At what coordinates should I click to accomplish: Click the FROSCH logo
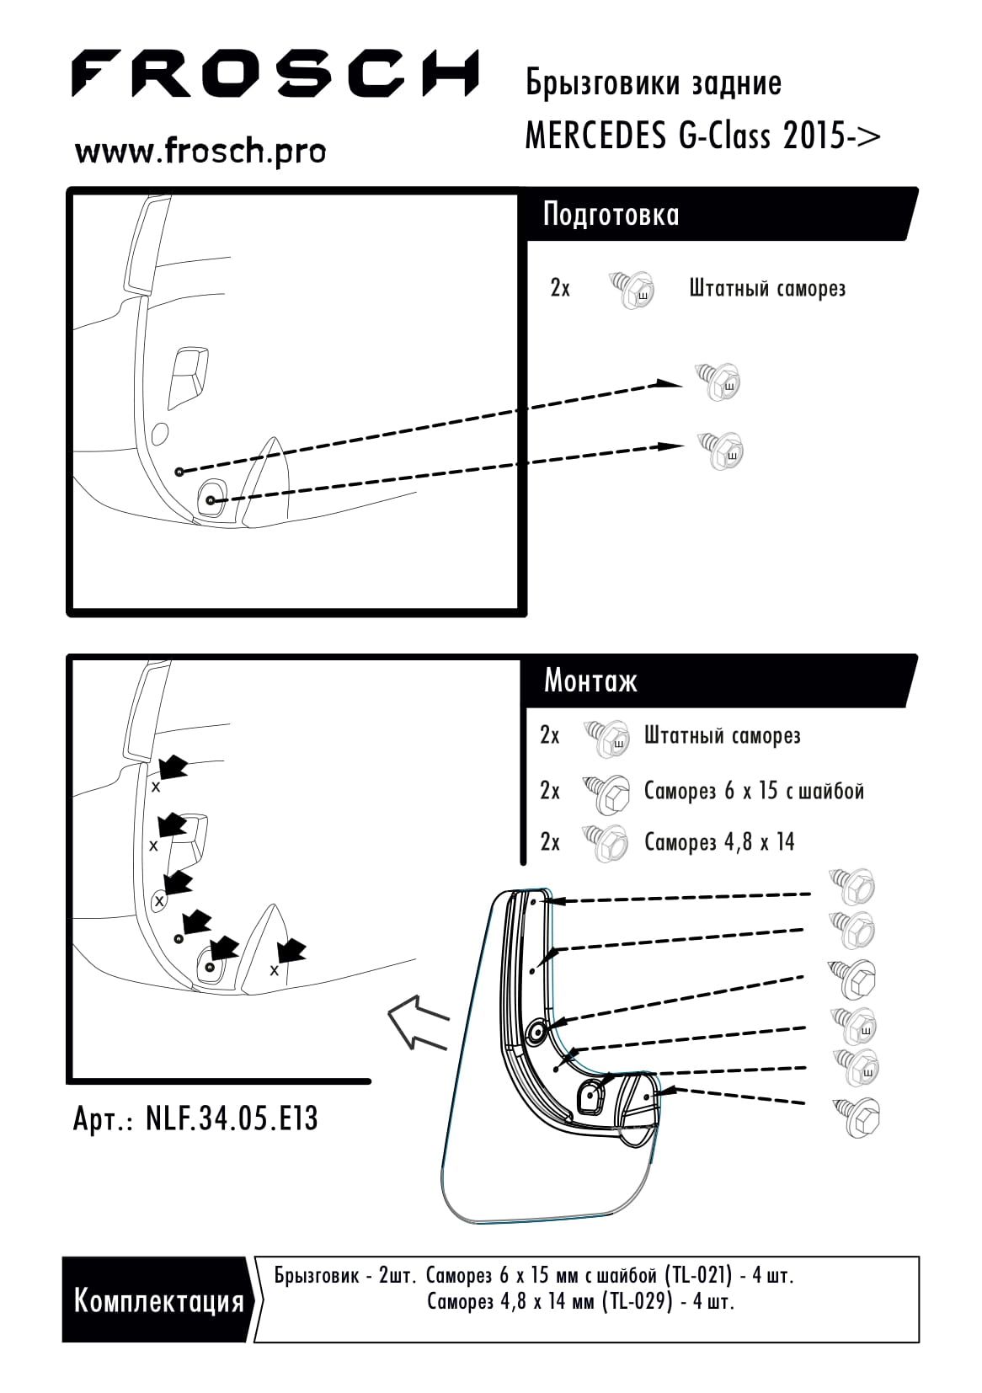pos(275,73)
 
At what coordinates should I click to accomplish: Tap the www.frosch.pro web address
pos(200,151)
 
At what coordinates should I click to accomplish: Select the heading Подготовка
pos(611,215)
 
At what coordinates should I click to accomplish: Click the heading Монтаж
pos(590,681)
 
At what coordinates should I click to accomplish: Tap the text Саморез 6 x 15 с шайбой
pos(754,791)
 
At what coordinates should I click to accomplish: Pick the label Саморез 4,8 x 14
pos(719,842)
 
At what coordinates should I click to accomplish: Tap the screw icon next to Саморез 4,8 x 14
pos(605,843)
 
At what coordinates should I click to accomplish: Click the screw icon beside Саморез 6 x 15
pos(606,795)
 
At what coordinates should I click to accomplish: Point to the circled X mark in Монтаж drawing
pos(159,899)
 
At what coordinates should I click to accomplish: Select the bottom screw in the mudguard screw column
pos(857,1118)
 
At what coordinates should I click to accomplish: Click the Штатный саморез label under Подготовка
pos(767,289)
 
